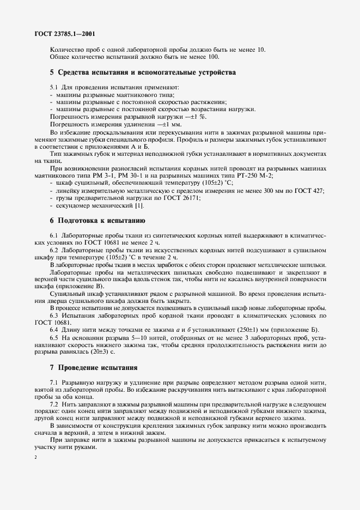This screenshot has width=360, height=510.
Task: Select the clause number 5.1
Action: click(x=54, y=87)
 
